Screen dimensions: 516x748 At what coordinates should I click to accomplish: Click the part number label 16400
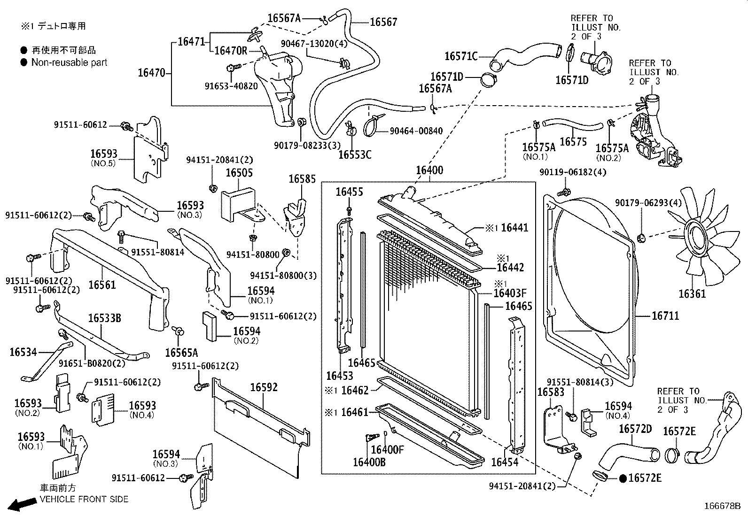click(429, 170)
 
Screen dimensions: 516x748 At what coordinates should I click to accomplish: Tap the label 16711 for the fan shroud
click(665, 316)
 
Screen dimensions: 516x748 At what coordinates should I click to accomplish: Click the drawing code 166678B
click(722, 507)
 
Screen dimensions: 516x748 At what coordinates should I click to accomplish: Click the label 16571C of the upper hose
click(461, 56)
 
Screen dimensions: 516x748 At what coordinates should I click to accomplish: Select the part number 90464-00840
click(416, 131)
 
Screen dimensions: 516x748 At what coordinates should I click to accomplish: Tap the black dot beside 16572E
click(623, 478)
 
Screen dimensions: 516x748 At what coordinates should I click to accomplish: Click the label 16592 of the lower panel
click(264, 387)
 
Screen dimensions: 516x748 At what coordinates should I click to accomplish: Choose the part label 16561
click(102, 285)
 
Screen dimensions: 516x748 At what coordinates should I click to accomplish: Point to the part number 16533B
click(105, 319)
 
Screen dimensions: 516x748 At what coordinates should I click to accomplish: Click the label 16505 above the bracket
click(239, 173)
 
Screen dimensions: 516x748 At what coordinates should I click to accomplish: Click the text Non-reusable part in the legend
click(69, 62)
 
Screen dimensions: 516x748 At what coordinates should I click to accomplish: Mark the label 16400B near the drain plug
click(369, 462)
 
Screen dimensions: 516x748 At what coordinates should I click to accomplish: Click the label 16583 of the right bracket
click(551, 392)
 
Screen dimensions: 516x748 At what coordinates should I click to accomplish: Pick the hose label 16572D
click(635, 429)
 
